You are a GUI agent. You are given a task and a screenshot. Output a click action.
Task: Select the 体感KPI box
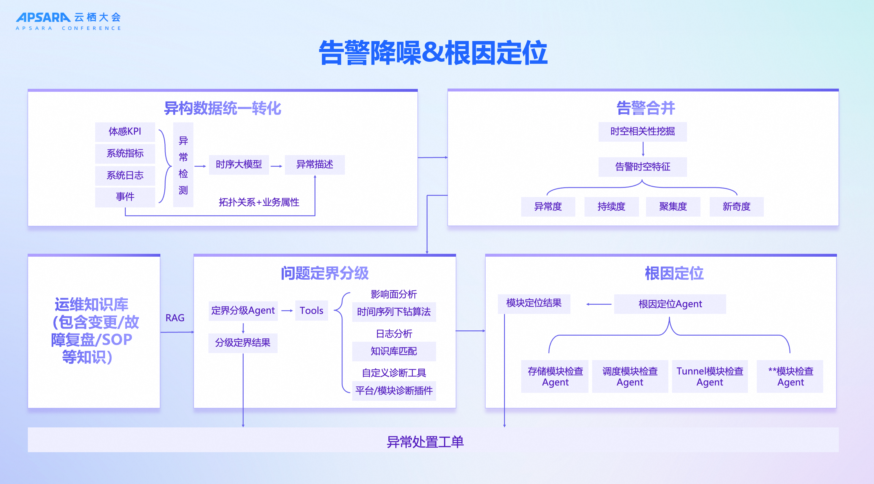point(125,132)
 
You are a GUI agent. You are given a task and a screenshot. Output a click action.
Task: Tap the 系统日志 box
point(125,175)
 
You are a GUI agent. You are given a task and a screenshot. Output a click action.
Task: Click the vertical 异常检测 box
point(183,165)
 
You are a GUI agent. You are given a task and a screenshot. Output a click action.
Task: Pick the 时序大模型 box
point(239,165)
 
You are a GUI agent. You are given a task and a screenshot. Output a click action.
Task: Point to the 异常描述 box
point(315,165)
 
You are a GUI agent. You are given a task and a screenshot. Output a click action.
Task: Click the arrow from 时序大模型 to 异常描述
point(277,166)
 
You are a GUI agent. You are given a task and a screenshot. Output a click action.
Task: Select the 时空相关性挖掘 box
point(642,132)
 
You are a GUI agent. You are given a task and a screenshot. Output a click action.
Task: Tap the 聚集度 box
point(673,207)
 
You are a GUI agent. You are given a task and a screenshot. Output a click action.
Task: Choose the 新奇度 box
point(736,207)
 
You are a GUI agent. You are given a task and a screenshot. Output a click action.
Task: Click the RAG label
point(175,318)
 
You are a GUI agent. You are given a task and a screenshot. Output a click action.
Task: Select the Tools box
point(312,311)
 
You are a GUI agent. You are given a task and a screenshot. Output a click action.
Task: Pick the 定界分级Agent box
point(243,311)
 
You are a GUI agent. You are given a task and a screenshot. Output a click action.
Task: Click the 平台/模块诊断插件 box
point(394,391)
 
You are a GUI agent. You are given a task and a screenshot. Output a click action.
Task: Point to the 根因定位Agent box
point(670,304)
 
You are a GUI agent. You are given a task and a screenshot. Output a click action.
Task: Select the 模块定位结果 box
point(534,303)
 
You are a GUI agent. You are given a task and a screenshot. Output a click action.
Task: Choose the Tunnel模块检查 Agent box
point(710,377)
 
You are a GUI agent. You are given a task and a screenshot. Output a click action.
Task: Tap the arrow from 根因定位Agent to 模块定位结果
point(599,304)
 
